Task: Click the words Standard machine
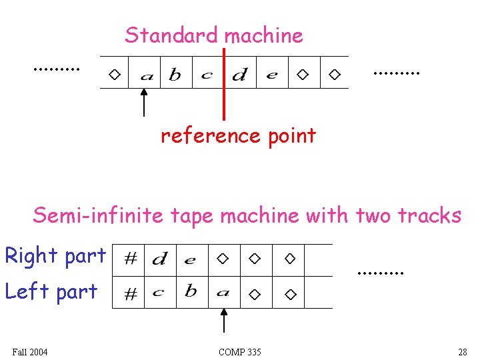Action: pyautogui.click(x=213, y=35)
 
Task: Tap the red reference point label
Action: pyautogui.click(x=238, y=136)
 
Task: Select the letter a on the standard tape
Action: pyautogui.click(x=146, y=76)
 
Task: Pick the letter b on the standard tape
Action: pyautogui.click(x=175, y=75)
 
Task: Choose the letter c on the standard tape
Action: pyautogui.click(x=207, y=75)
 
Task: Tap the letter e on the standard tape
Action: pyautogui.click(x=271, y=75)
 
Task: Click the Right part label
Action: pyautogui.click(x=55, y=255)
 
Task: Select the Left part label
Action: pyautogui.click(x=51, y=291)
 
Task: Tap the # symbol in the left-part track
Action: pyautogui.click(x=131, y=294)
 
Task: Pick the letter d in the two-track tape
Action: pyautogui.click(x=159, y=259)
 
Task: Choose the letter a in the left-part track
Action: pyautogui.click(x=223, y=292)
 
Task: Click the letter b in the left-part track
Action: pyautogui.click(x=191, y=291)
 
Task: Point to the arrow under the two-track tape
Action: pyautogui.click(x=224, y=319)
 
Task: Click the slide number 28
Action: pyautogui.click(x=462, y=352)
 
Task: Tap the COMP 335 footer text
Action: pyautogui.click(x=239, y=352)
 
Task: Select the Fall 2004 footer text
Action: pyautogui.click(x=30, y=352)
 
